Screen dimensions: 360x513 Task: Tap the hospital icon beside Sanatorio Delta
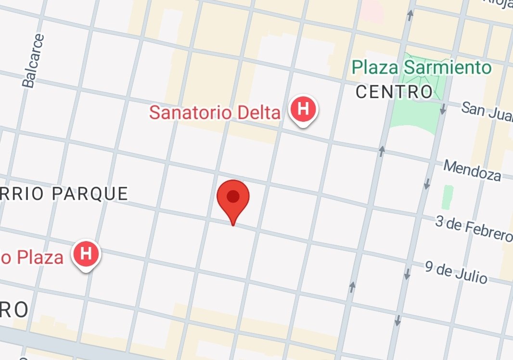tap(303, 109)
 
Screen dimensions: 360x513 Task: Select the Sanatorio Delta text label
tap(215, 112)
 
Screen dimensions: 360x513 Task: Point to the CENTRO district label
tap(394, 91)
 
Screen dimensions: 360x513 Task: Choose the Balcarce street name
tap(32, 61)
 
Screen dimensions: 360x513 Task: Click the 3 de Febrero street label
tap(474, 228)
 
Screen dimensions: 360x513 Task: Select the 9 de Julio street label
tap(456, 272)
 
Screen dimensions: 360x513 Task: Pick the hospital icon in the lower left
tap(86, 253)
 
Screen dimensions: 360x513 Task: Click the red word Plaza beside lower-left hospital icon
tap(40, 257)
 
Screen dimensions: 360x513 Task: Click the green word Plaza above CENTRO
tap(375, 67)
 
